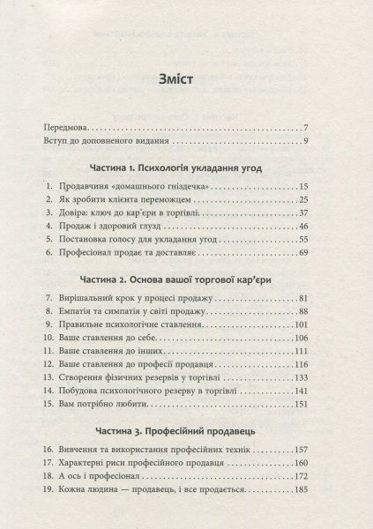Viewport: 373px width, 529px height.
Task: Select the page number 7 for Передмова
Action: click(x=328, y=128)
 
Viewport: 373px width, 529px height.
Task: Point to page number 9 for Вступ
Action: click(x=328, y=142)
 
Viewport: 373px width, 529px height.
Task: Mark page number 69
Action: click(x=325, y=252)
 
